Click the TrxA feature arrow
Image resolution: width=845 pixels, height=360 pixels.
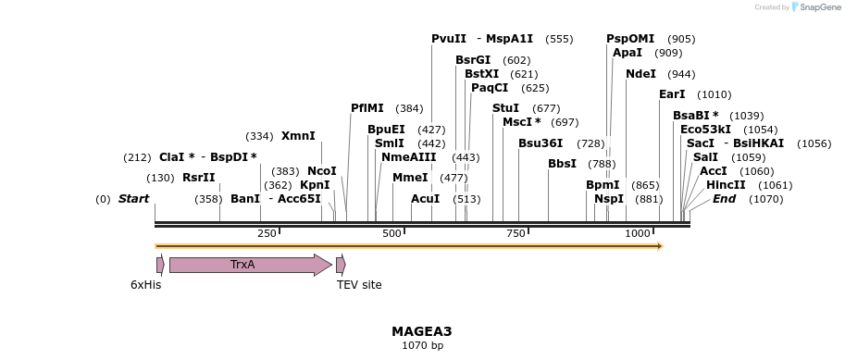click(x=250, y=266)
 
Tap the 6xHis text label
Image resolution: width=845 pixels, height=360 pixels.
click(x=145, y=285)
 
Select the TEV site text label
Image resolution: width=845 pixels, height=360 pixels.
click(x=359, y=285)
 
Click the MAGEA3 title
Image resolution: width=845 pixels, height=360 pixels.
click(x=421, y=331)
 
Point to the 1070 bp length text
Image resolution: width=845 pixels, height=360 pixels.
click(x=422, y=346)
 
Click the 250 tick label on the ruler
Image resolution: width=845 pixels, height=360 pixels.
click(x=267, y=233)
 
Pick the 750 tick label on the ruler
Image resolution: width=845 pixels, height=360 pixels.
click(x=516, y=233)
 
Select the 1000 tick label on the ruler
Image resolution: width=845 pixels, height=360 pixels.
click(x=639, y=233)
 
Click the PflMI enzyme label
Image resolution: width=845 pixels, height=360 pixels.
click(x=367, y=108)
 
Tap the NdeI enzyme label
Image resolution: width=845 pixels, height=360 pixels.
click(x=640, y=74)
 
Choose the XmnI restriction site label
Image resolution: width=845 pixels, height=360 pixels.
click(x=298, y=136)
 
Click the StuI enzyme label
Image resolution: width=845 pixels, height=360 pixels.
click(x=505, y=108)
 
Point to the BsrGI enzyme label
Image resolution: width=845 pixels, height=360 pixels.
click(x=473, y=60)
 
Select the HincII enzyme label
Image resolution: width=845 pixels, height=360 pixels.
click(x=726, y=185)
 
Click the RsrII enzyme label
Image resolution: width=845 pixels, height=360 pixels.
click(x=198, y=178)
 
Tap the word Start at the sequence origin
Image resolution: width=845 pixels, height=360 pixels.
click(x=133, y=199)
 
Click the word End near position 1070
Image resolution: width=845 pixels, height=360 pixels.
click(x=724, y=199)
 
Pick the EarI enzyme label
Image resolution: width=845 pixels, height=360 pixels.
click(x=672, y=94)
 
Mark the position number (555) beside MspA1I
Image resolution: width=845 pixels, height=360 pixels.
click(x=559, y=39)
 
